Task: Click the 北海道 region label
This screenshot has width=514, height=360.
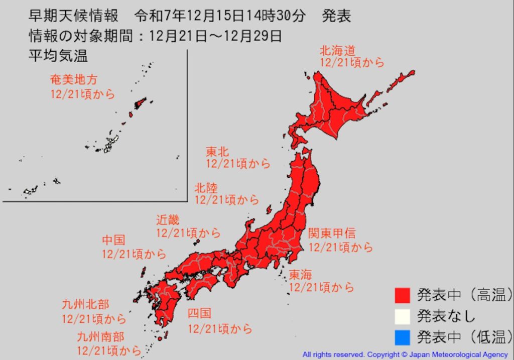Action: tap(338, 50)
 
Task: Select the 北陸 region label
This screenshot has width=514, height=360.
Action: tap(206, 188)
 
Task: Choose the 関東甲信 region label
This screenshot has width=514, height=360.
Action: tap(332, 233)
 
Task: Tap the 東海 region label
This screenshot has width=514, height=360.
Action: tap(300, 275)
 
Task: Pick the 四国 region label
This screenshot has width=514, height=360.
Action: tap(199, 314)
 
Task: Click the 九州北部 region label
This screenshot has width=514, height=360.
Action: tap(85, 305)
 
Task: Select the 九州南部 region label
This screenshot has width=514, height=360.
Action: tap(100, 336)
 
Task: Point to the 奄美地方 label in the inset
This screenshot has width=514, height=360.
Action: tap(73, 79)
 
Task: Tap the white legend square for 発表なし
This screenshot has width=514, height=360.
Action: tap(403, 316)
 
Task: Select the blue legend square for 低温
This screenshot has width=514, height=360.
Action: tap(403, 336)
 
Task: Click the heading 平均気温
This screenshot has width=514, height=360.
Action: tap(58, 56)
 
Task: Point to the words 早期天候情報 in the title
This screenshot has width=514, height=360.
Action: tap(73, 16)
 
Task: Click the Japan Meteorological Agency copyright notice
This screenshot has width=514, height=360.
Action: tap(405, 354)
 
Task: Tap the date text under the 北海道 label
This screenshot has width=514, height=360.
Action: tap(352, 63)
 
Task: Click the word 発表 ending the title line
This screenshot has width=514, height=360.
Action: tap(336, 16)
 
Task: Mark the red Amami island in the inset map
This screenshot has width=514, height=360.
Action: tap(140, 103)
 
